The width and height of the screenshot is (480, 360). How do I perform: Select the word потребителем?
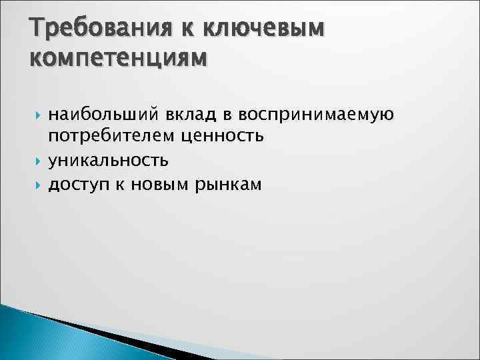(108, 138)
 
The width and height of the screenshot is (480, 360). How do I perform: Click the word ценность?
(221, 138)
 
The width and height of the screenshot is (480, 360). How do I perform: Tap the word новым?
(159, 183)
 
